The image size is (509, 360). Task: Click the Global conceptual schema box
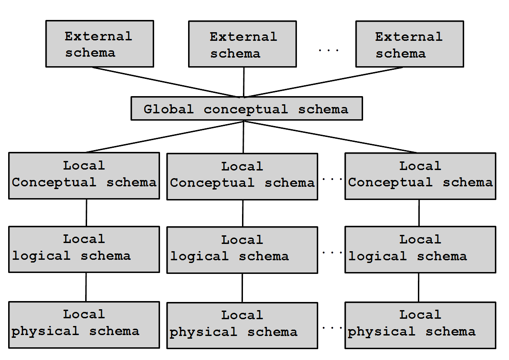pos(247,108)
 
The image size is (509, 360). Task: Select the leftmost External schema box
pos(100,44)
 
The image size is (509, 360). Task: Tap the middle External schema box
pos(242,44)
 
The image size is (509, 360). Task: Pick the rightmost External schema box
pos(410,44)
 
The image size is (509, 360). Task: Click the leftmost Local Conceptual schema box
pos(84,175)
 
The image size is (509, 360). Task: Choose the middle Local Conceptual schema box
pos(242,176)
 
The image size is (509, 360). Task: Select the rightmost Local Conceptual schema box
pos(420,176)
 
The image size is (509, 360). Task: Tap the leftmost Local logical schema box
pos(84,249)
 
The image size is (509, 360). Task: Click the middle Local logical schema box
pos(242,250)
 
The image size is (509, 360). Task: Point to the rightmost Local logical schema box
pos(420,250)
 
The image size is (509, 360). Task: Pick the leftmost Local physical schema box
pos(84,325)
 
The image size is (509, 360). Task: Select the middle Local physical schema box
pos(242,326)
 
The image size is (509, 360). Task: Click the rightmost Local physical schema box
pos(420,325)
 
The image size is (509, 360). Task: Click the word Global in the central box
pos(169,109)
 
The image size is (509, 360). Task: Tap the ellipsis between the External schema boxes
pos(329,50)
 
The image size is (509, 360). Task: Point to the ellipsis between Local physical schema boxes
pos(332,328)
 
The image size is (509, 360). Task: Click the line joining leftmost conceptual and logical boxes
pos(87,213)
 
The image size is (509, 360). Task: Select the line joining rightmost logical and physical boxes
pos(419,287)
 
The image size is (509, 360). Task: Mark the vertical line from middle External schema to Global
pos(244,82)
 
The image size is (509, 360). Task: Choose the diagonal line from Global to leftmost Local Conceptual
pos(165,136)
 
